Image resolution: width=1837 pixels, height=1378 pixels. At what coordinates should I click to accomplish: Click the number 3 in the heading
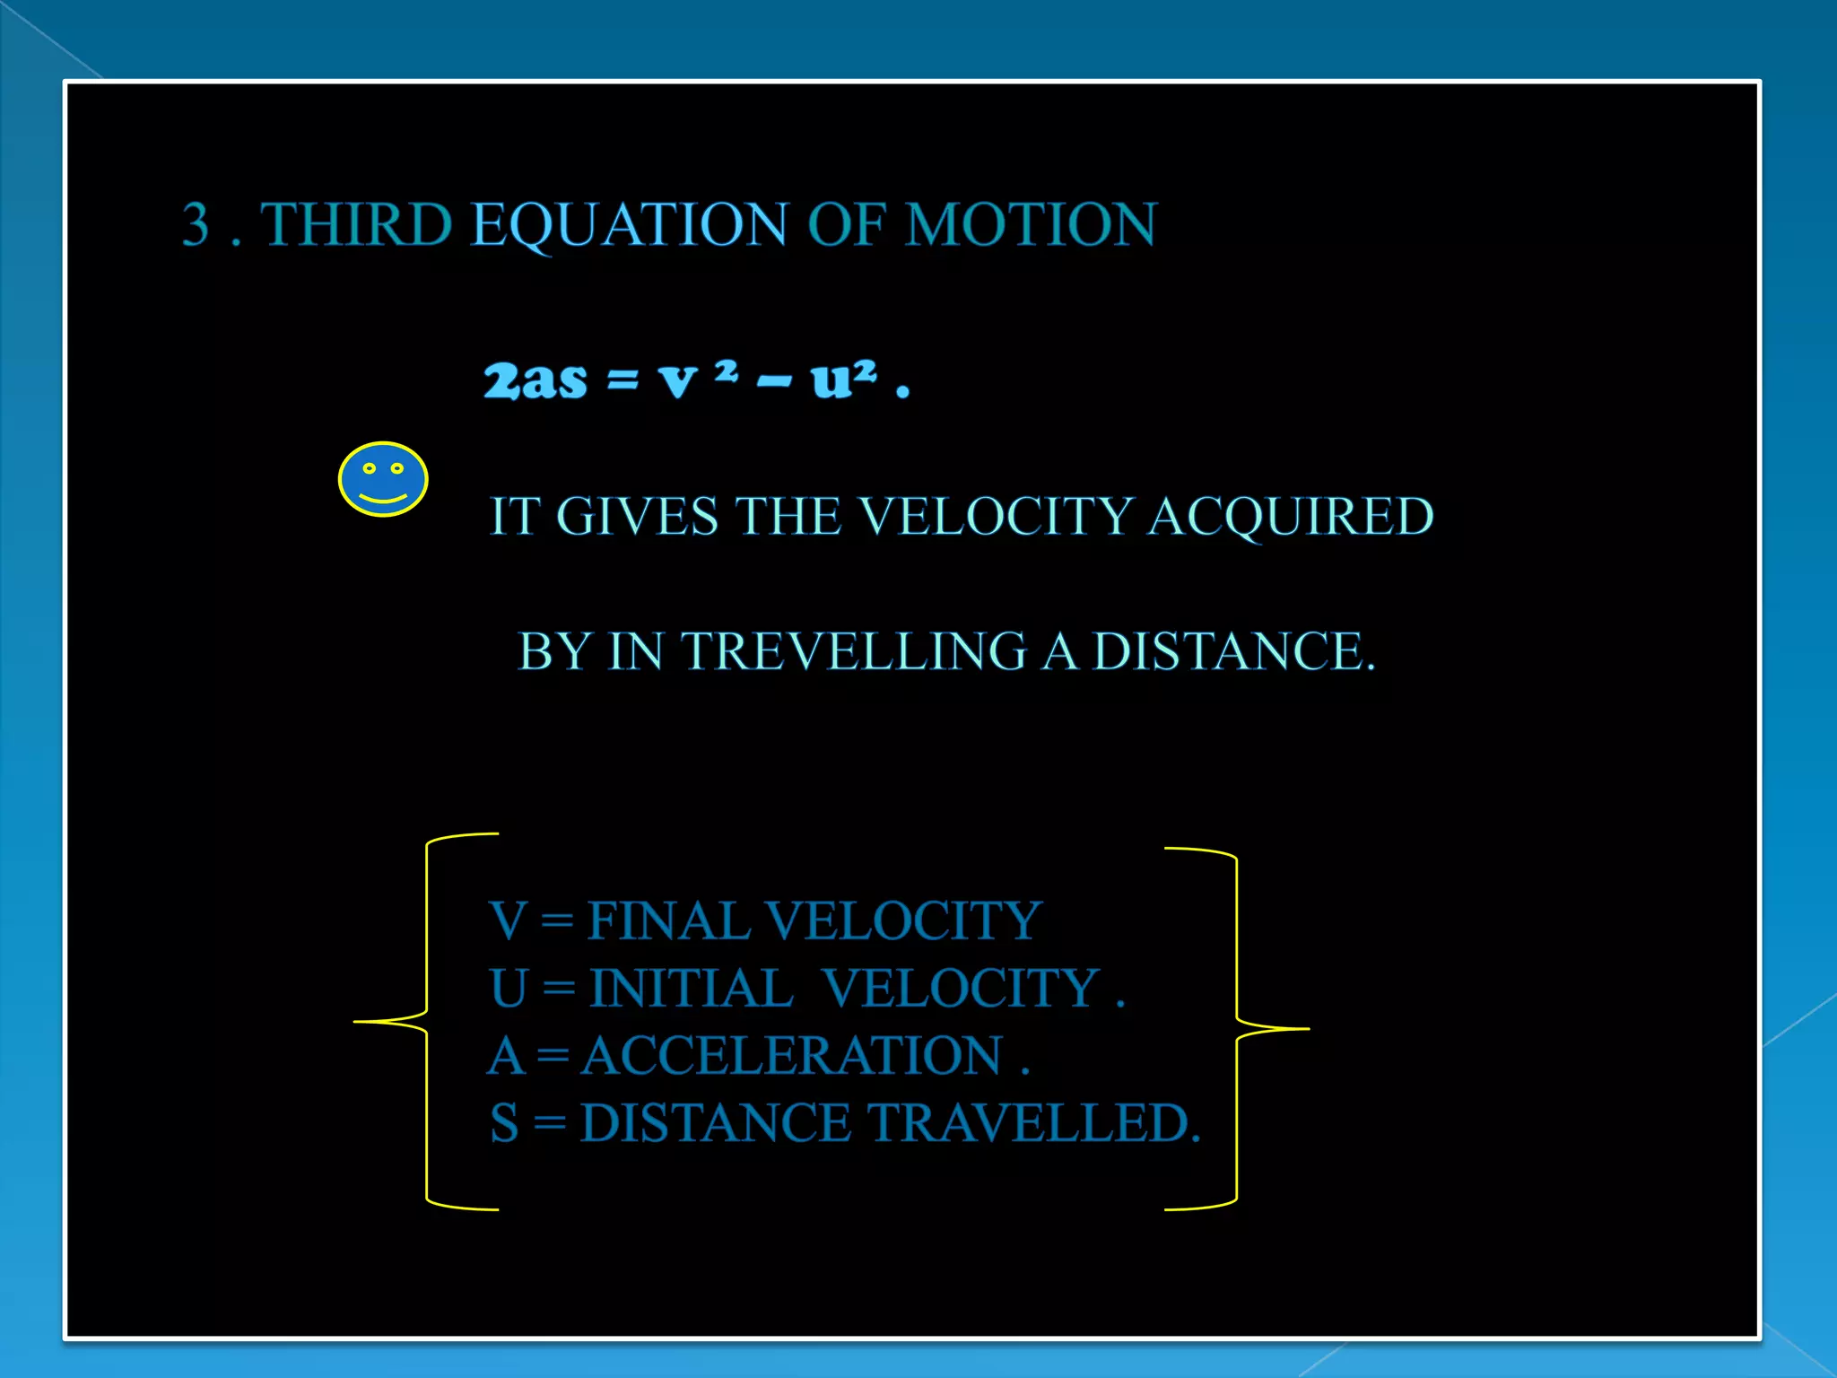pyautogui.click(x=196, y=224)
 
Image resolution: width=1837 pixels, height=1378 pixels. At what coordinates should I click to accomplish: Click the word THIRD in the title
pyautogui.click(x=356, y=224)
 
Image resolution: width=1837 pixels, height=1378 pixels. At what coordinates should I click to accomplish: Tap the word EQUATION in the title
pyautogui.click(x=629, y=224)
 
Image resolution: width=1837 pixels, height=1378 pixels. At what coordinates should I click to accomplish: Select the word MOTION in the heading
pyautogui.click(x=1031, y=224)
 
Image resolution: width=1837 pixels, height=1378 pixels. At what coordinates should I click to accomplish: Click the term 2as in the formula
pyautogui.click(x=535, y=380)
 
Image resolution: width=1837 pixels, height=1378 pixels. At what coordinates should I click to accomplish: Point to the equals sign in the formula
pyautogui.click(x=622, y=380)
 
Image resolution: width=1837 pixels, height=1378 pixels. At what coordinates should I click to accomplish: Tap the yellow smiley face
pyautogui.click(x=383, y=479)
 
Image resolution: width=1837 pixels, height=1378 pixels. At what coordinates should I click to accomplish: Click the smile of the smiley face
pyautogui.click(x=383, y=497)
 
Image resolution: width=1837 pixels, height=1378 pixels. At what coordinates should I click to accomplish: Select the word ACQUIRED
pyautogui.click(x=1291, y=517)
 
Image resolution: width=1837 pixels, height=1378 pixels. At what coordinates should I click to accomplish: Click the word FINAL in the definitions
pyautogui.click(x=668, y=921)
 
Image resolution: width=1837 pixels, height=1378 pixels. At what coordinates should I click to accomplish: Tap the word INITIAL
pyautogui.click(x=691, y=989)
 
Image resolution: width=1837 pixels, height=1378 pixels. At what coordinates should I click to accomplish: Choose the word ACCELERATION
pyautogui.click(x=792, y=1056)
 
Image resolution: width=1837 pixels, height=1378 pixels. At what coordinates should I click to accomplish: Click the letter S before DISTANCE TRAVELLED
pyautogui.click(x=504, y=1123)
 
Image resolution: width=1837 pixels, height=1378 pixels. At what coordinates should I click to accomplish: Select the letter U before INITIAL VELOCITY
pyautogui.click(x=508, y=989)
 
